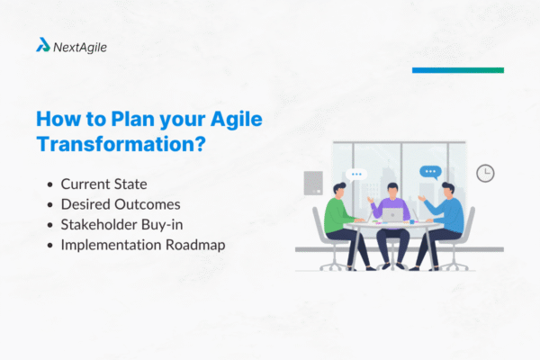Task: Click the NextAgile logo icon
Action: pyautogui.click(x=42, y=44)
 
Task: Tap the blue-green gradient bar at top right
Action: pyautogui.click(x=457, y=69)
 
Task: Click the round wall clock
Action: pyautogui.click(x=486, y=173)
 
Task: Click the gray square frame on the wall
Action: pyautogui.click(x=313, y=183)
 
